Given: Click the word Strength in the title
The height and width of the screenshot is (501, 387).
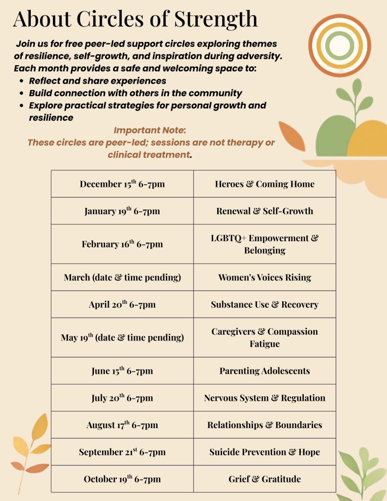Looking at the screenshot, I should pyautogui.click(x=216, y=19).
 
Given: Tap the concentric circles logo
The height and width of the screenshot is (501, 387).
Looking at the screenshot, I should pyautogui.click(x=339, y=46).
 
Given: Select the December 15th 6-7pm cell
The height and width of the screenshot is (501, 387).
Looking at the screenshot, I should pyautogui.click(x=122, y=184).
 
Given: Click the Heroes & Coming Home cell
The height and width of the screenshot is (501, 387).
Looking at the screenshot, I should pyautogui.click(x=265, y=184).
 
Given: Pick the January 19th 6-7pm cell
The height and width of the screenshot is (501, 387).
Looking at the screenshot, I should pyautogui.click(x=122, y=211).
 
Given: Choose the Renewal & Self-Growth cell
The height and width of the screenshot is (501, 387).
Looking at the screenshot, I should pyautogui.click(x=265, y=211).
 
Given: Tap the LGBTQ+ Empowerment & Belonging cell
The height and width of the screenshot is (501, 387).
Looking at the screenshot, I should pyautogui.click(x=265, y=244).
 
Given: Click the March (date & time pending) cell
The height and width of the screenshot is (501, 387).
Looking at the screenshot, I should pyautogui.click(x=122, y=277).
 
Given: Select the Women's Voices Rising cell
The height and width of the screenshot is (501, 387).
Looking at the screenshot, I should pyautogui.click(x=265, y=277).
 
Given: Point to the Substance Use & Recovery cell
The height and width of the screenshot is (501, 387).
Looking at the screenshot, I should pyautogui.click(x=265, y=304).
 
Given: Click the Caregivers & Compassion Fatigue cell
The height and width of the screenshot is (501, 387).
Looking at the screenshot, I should pyautogui.click(x=265, y=338).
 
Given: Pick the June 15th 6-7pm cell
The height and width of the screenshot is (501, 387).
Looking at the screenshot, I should pyautogui.click(x=122, y=371).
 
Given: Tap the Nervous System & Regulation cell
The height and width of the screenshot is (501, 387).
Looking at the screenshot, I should pyautogui.click(x=265, y=398).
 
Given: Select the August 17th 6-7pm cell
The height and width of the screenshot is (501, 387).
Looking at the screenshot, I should pyautogui.click(x=122, y=425).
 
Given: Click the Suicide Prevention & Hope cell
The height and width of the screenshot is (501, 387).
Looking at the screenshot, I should pyautogui.click(x=265, y=452).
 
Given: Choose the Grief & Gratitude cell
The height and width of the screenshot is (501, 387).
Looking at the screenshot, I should pyautogui.click(x=265, y=478).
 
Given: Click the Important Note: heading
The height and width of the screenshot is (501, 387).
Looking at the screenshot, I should pyautogui.click(x=150, y=131).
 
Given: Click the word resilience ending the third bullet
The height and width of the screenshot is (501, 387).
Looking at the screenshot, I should pyautogui.click(x=51, y=117).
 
